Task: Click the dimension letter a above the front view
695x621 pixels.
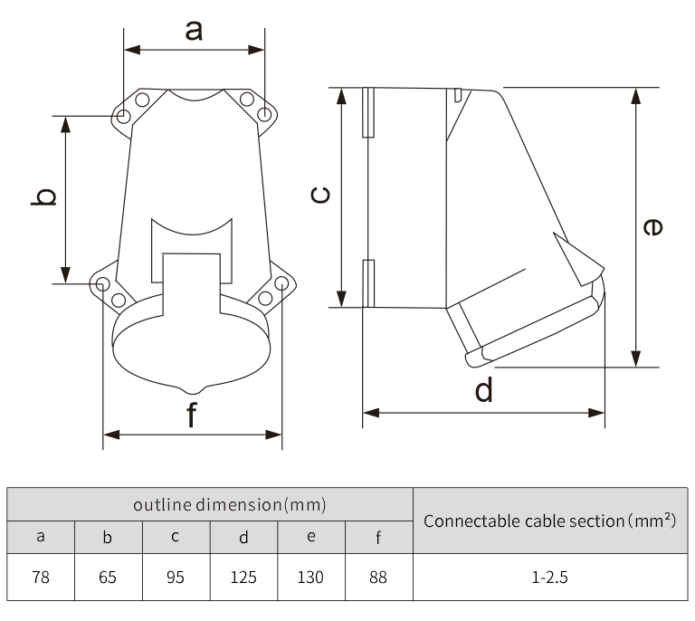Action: (194, 31)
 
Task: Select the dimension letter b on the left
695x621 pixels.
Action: (43, 196)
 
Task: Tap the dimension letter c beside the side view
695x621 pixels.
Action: (320, 195)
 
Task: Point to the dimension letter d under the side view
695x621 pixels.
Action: (483, 389)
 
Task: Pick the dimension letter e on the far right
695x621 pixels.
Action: (652, 227)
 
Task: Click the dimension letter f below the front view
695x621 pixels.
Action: (192, 415)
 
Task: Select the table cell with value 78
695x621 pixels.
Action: (41, 578)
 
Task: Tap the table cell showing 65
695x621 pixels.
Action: (108, 578)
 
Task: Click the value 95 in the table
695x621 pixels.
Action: (176, 578)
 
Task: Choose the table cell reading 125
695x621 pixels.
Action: (243, 578)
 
